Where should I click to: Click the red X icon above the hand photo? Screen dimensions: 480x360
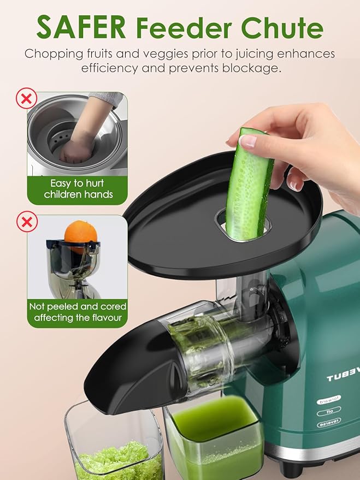pyautogui.click(x=25, y=99)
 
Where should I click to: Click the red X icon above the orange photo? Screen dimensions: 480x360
pyautogui.click(x=25, y=223)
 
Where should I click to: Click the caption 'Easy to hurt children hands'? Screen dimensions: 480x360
pyautogui.click(x=76, y=189)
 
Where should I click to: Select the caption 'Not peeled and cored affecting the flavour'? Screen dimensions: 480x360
pyautogui.click(x=78, y=312)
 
